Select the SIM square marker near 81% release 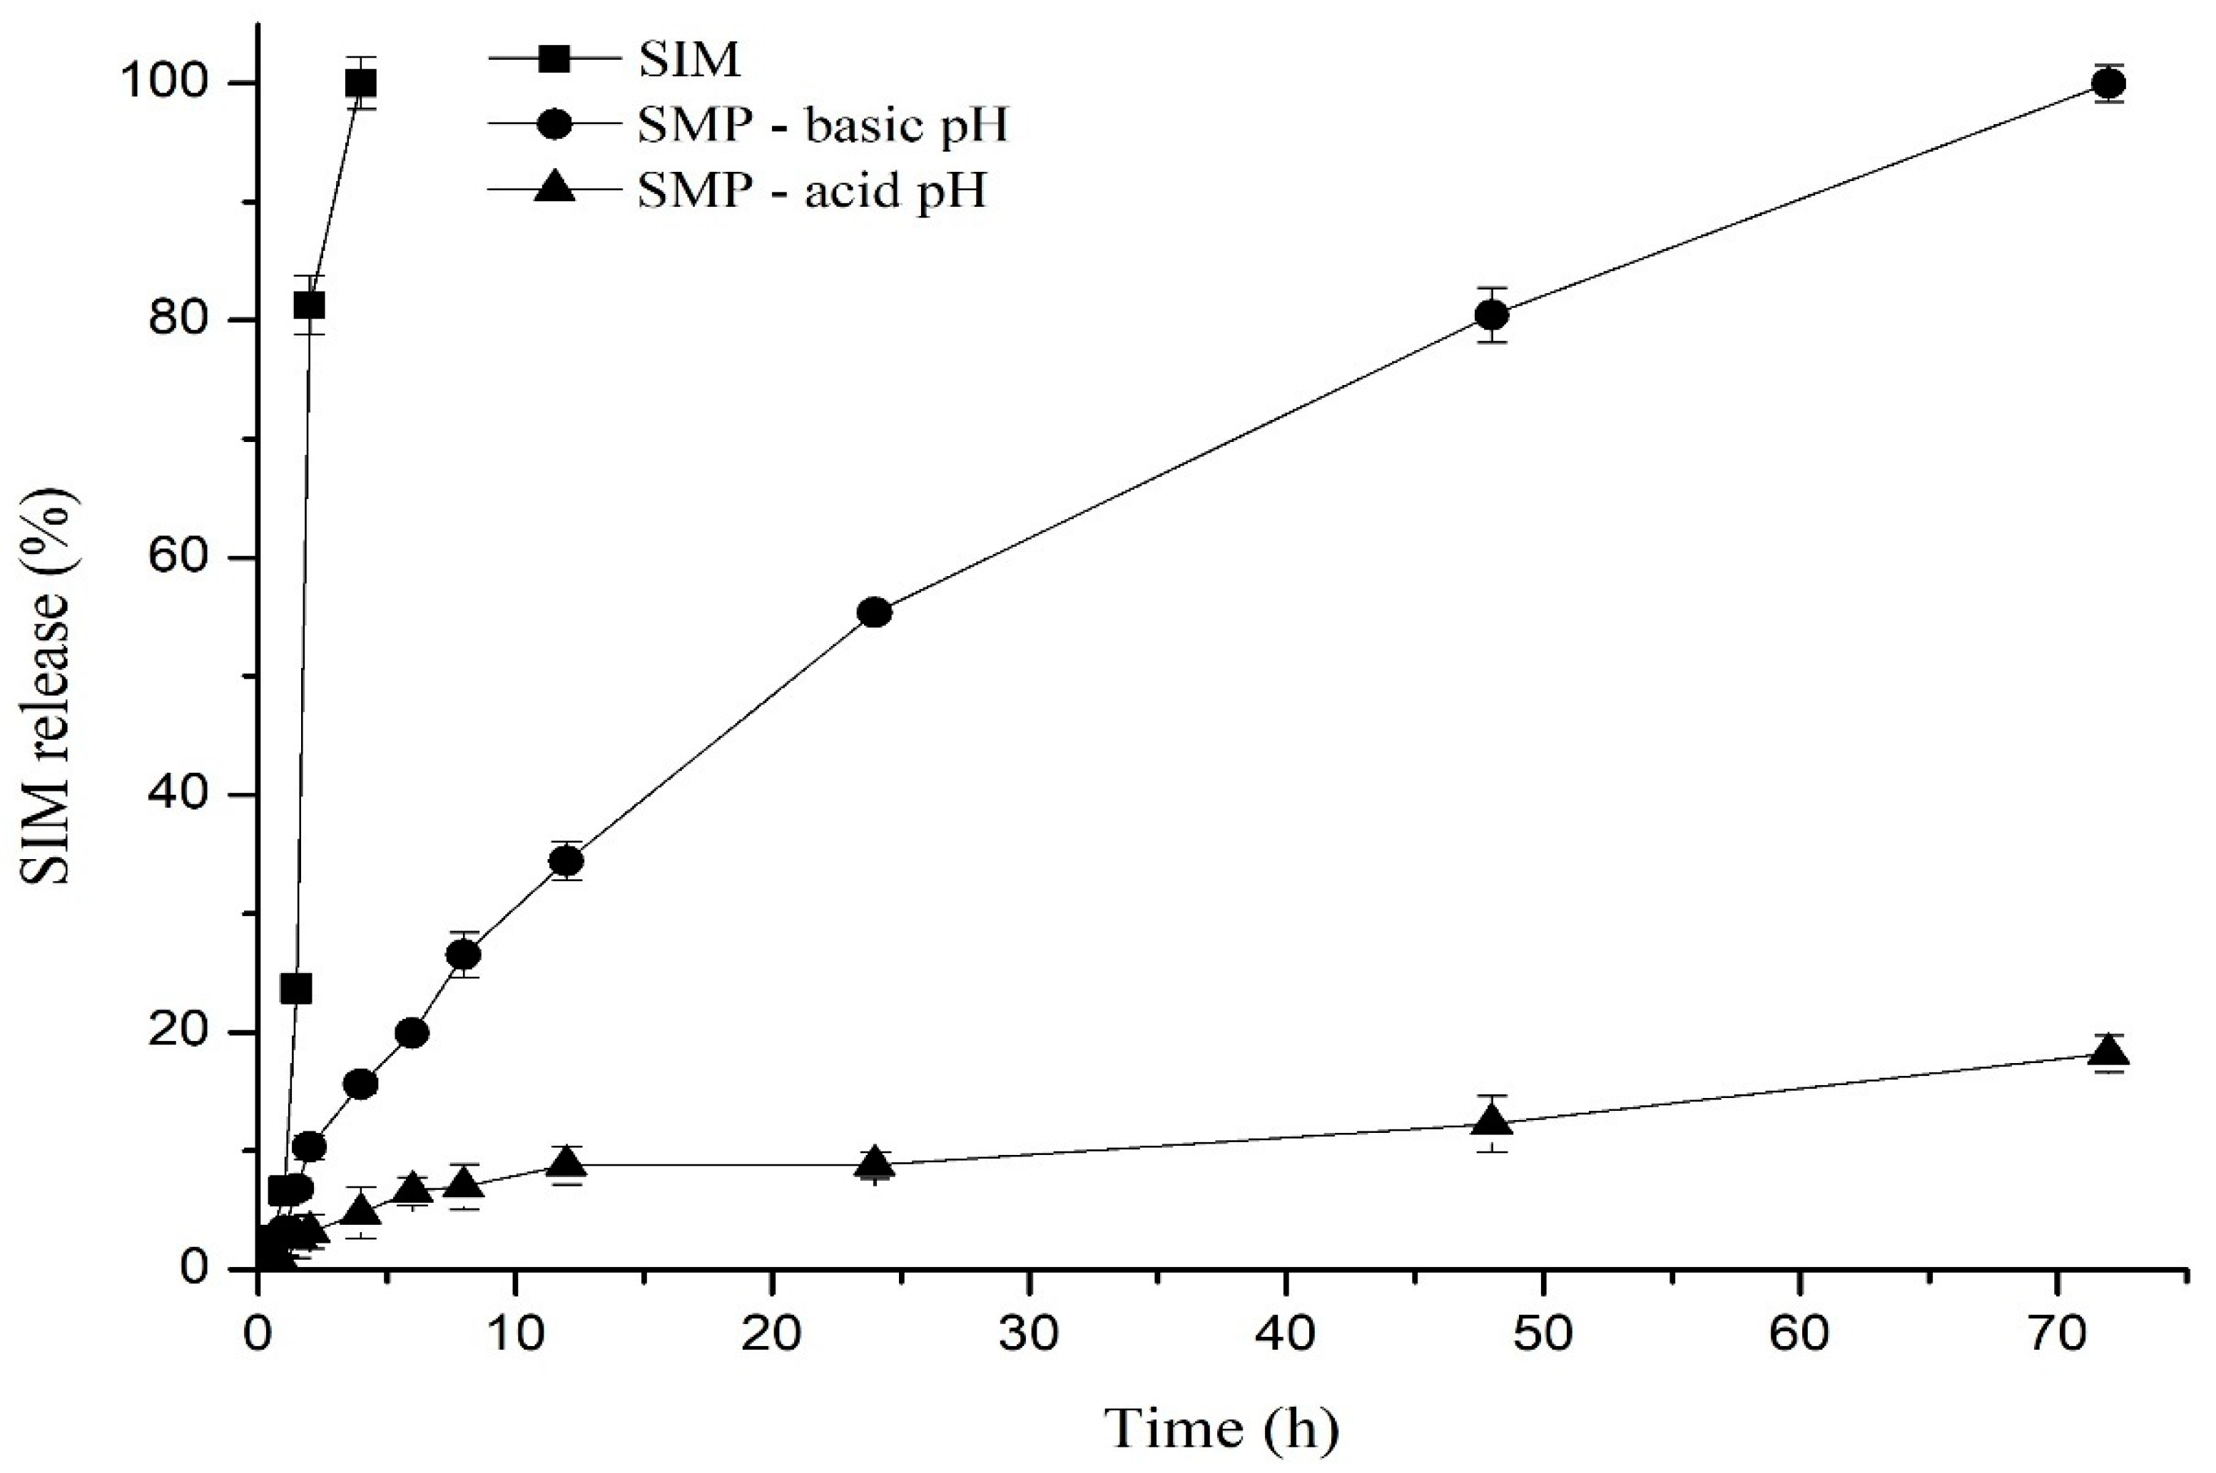(309, 304)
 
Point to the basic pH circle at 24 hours (875, 612)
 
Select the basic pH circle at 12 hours (566, 861)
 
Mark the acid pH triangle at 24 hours (875, 1162)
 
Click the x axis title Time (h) (1221, 1429)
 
